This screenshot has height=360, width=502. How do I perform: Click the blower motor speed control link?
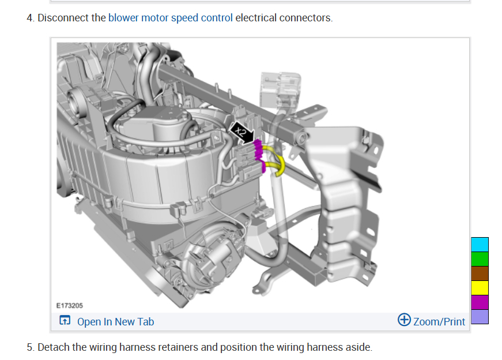pos(171,18)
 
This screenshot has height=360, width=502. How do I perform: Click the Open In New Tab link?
pos(115,322)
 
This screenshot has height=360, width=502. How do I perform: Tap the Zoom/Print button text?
pos(439,322)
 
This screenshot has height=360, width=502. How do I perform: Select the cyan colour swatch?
pos(480,244)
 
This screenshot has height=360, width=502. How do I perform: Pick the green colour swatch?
pos(480,258)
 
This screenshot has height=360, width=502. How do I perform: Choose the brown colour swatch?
pos(480,273)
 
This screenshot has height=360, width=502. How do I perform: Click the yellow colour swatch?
pos(480,287)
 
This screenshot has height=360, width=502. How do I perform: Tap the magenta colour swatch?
pos(480,302)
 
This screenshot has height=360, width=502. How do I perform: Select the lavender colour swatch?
pos(480,316)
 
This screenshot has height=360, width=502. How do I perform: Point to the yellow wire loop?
pos(277,164)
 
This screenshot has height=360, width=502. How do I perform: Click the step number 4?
pos(29,18)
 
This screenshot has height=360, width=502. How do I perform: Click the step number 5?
pos(29,347)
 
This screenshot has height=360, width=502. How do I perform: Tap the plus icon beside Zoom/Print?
pos(405,320)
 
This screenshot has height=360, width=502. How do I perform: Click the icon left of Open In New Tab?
pos(65,321)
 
